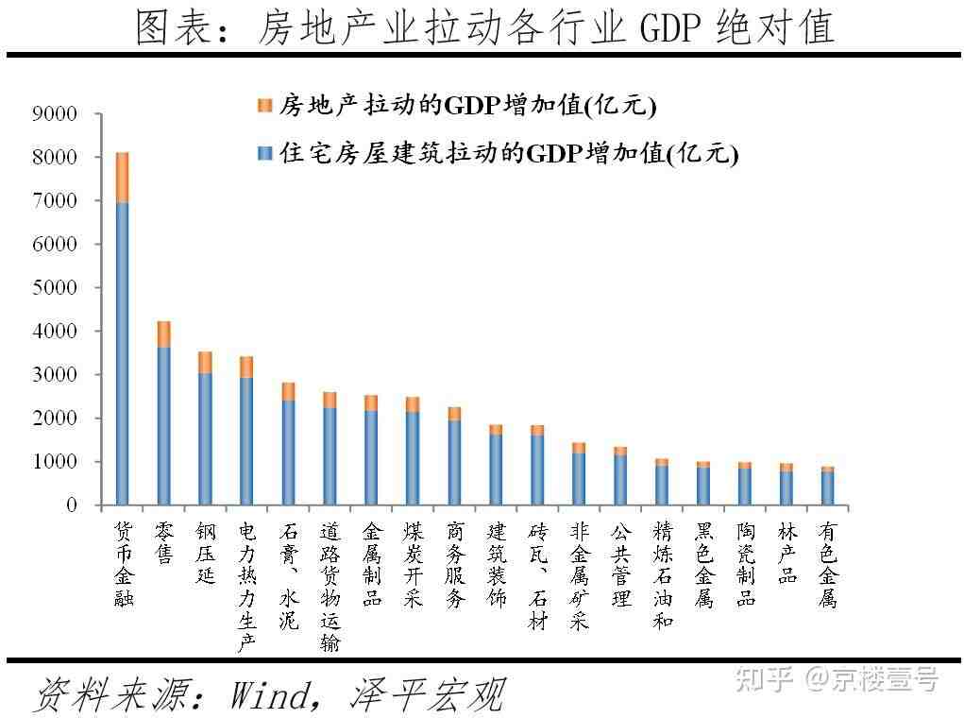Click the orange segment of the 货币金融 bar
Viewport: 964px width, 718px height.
[x=123, y=177]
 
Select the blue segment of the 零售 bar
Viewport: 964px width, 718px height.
[x=164, y=425]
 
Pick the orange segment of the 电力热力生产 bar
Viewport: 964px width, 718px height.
[x=246, y=367]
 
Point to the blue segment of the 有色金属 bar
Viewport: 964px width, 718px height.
[x=827, y=487]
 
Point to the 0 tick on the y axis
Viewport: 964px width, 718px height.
[x=71, y=505]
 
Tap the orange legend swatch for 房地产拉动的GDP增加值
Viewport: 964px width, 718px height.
[x=264, y=106]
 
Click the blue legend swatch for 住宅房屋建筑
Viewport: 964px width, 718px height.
[x=264, y=154]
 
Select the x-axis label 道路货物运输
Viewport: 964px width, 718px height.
[x=330, y=586]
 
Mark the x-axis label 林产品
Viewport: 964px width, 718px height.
[x=786, y=552]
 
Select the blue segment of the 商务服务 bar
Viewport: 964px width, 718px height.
[x=454, y=462]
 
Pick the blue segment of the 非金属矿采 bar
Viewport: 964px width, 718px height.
[x=579, y=479]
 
